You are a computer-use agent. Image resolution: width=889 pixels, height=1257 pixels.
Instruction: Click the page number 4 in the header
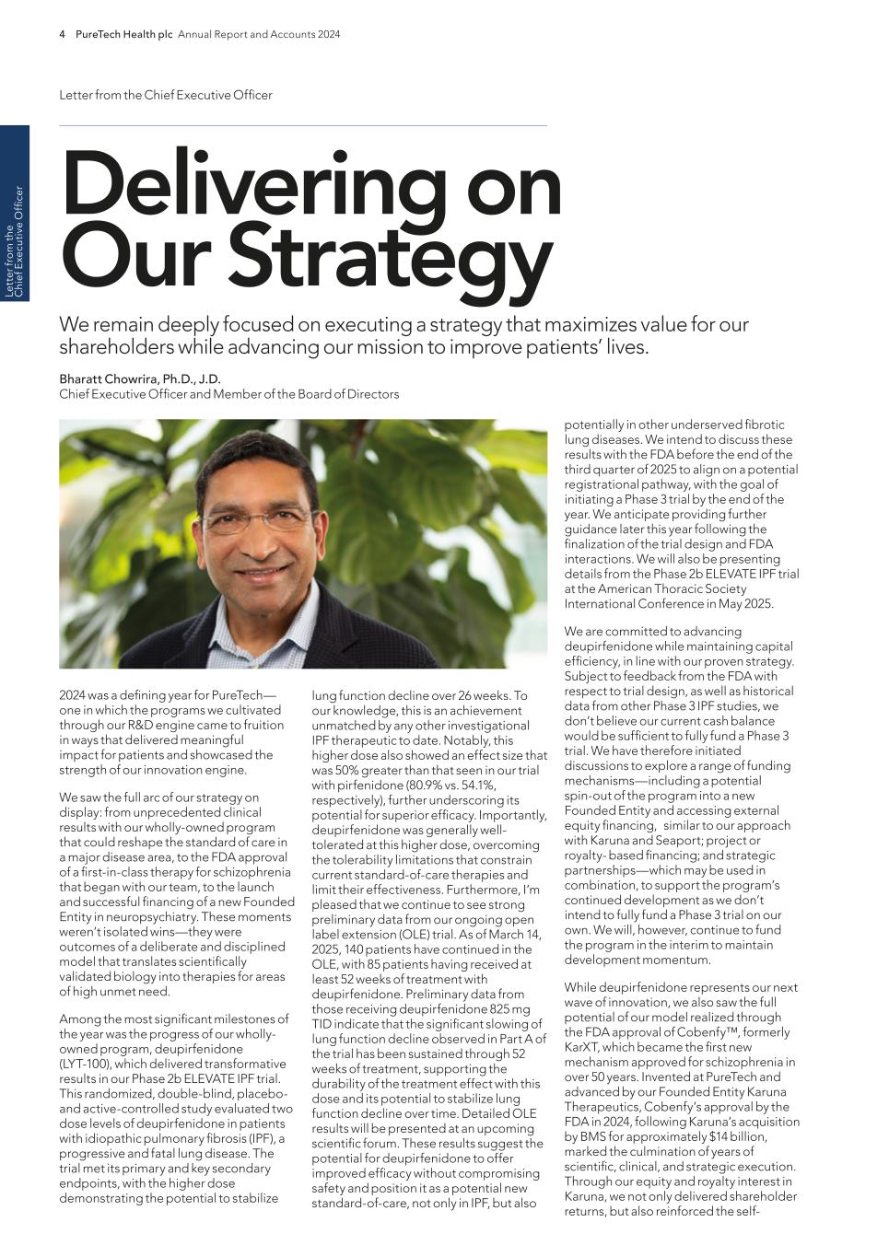click(x=63, y=34)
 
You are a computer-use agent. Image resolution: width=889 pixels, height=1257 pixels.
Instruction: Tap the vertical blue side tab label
click(x=14, y=241)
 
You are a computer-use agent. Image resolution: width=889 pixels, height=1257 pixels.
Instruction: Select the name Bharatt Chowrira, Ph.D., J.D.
click(x=140, y=378)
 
